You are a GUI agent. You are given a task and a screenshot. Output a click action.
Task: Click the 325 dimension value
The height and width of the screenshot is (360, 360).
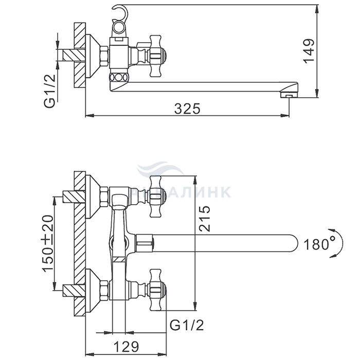click(x=187, y=109)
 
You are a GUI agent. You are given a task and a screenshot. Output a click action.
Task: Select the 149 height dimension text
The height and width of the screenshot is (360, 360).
click(x=308, y=50)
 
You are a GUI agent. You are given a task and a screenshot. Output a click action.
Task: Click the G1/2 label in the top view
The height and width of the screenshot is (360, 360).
click(x=50, y=92)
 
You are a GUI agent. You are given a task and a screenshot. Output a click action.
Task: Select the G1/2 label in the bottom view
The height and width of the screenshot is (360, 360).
click(x=186, y=325)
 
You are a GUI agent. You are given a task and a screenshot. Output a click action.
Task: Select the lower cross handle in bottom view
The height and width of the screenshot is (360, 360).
click(x=156, y=289)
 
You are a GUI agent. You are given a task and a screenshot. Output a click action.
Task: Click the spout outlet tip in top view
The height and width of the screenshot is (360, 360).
click(x=290, y=94)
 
